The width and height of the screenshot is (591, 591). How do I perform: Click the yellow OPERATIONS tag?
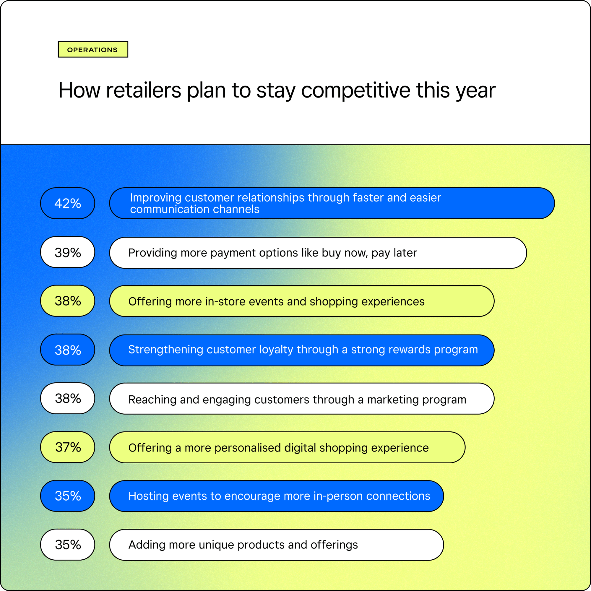(x=93, y=49)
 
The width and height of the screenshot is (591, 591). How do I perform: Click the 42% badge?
(x=68, y=203)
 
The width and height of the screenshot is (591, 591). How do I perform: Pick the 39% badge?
(x=68, y=252)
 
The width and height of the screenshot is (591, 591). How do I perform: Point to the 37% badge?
(x=68, y=447)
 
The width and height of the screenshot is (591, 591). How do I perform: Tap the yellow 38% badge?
(x=68, y=301)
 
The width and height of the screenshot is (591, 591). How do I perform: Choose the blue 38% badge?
(x=68, y=350)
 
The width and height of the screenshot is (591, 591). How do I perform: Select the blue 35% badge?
(x=68, y=496)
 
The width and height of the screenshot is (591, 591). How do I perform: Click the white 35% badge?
(x=68, y=545)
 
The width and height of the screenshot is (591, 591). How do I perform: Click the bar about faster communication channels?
(x=332, y=203)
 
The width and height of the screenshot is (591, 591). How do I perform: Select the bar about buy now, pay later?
(x=318, y=253)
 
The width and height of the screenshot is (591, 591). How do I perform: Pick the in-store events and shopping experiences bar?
(x=302, y=301)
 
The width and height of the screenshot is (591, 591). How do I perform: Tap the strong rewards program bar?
(x=302, y=350)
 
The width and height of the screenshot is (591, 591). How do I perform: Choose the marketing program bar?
(x=302, y=399)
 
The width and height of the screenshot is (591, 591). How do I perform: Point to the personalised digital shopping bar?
(x=287, y=447)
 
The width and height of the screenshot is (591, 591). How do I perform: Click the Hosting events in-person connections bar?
(x=277, y=496)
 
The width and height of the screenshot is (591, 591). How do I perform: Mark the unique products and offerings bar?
(x=277, y=545)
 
